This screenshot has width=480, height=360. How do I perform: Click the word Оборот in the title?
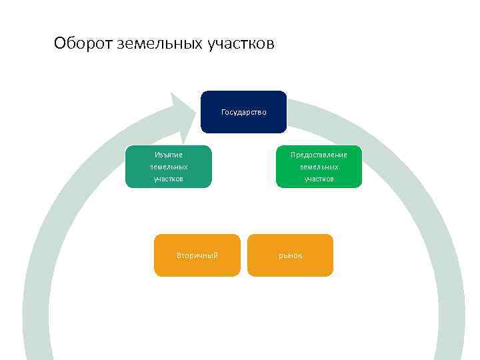click(83, 44)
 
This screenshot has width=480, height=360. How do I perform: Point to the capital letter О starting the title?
click(59, 44)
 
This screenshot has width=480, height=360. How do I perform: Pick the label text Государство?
click(243, 112)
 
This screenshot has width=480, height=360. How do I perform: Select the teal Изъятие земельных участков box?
click(169, 167)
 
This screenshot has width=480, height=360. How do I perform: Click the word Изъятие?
click(169, 155)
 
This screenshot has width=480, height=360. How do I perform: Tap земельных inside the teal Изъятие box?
click(169, 167)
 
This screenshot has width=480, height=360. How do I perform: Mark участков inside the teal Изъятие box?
click(169, 179)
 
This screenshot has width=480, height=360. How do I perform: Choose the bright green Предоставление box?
click(319, 167)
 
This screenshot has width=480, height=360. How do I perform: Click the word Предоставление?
click(319, 155)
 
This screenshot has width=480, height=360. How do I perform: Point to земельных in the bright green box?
click(319, 167)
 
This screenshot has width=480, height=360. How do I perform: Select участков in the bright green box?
click(319, 179)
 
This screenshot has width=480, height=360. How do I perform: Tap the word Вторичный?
click(197, 255)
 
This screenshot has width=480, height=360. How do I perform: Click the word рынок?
click(290, 255)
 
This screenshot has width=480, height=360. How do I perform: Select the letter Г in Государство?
click(223, 112)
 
